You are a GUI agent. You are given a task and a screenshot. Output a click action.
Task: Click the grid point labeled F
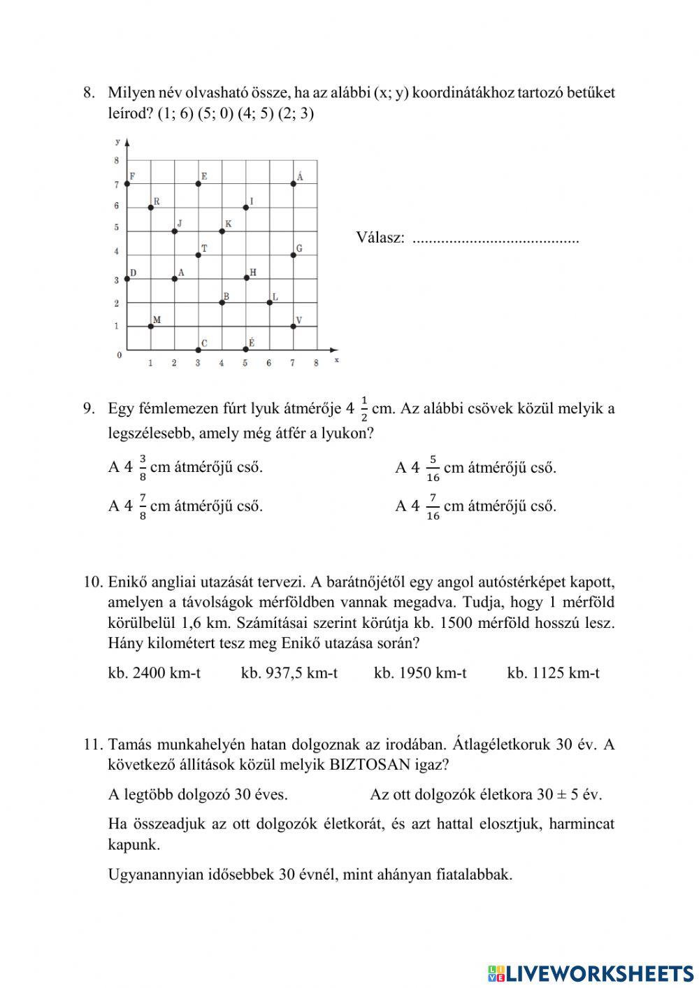coord(127,184)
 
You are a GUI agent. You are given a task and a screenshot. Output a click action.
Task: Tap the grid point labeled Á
coord(293,184)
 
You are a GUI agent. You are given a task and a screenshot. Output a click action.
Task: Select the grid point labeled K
coord(222,231)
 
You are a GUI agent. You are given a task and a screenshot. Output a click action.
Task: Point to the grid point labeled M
coord(151,326)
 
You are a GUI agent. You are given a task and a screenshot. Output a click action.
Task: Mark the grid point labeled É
coord(245,349)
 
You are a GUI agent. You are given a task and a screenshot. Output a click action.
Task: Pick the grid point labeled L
coord(269,302)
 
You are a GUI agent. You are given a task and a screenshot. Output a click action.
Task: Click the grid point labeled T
coord(199,255)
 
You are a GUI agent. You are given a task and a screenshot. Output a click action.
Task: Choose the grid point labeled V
coord(293,326)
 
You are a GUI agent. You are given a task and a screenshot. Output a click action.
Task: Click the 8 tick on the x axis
coord(316,363)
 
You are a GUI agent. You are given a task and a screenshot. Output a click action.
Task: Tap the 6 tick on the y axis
coord(117,206)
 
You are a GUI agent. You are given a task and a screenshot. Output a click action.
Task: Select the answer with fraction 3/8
coord(186,468)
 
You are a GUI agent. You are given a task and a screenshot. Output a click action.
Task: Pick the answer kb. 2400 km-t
coord(154,673)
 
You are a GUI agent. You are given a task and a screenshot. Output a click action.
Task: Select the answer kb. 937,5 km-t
coord(289,673)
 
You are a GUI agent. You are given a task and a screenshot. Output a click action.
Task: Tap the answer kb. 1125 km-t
coord(553,673)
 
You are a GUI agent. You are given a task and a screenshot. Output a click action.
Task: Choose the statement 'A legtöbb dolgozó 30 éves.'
coord(198,794)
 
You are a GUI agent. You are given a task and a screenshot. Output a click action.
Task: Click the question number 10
coord(93,582)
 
